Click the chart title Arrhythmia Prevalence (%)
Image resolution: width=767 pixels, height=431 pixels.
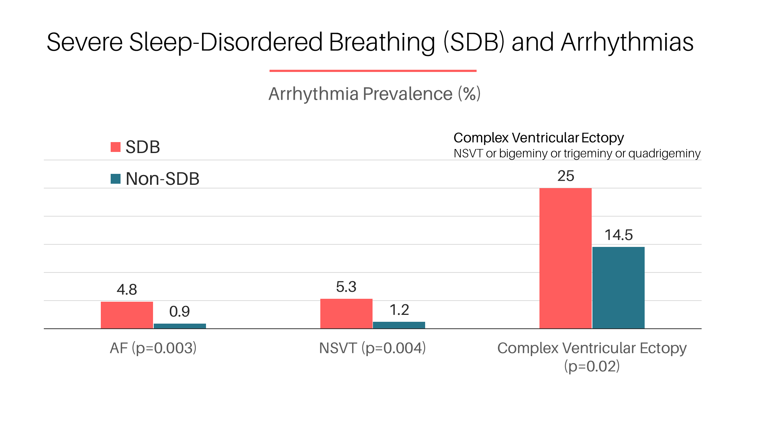click(374, 94)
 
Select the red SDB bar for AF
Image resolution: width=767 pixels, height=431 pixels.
click(127, 315)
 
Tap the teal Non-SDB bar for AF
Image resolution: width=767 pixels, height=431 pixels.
click(180, 326)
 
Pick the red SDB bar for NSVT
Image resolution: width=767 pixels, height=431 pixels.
click(346, 313)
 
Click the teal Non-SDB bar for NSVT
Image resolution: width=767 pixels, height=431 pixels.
click(399, 325)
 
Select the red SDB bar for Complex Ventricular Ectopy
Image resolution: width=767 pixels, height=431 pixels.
click(565, 258)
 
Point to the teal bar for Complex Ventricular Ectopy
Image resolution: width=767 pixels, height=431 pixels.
click(618, 287)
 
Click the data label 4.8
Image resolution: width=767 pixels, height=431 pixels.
click(127, 290)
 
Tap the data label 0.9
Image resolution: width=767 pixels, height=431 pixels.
click(179, 312)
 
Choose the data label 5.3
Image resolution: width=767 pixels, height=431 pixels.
click(346, 287)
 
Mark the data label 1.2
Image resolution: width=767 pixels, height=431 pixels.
click(399, 310)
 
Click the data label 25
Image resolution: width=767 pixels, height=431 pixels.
click(566, 176)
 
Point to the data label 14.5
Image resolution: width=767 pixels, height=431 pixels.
click(618, 235)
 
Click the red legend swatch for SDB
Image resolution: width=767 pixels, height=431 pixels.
click(115, 147)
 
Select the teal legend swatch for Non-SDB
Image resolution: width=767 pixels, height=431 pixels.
click(115, 179)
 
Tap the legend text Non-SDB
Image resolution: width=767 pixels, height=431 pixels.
click(163, 179)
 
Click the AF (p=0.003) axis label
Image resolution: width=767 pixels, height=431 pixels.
click(153, 348)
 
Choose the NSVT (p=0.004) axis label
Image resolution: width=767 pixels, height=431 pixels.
click(372, 348)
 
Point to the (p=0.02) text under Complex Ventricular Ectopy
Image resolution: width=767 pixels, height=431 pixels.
click(592, 366)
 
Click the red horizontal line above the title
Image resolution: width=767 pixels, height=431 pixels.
click(373, 71)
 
